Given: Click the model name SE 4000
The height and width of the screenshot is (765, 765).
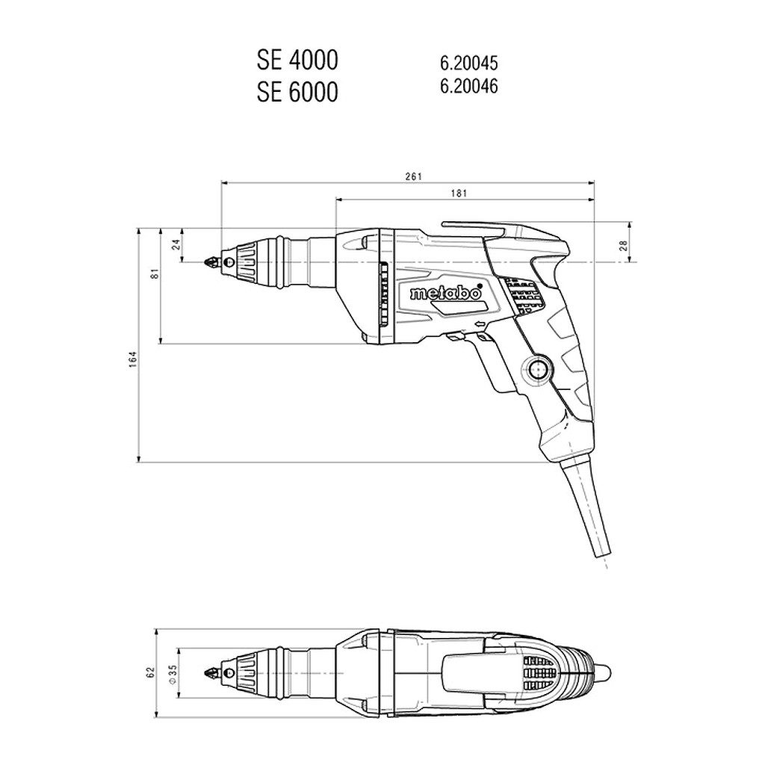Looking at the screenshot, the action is point(297,61).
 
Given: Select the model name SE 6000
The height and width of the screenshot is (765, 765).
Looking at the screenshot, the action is point(297,92).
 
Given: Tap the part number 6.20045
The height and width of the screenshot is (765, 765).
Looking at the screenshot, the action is point(469,63).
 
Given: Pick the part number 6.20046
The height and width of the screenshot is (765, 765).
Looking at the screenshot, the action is point(469,87).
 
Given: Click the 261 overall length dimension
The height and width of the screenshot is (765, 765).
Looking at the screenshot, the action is point(412,176).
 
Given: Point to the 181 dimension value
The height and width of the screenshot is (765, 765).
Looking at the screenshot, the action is point(459,193).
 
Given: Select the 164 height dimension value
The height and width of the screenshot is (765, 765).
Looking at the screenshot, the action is point(133,359).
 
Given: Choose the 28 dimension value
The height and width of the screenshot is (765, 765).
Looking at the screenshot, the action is point(623,245).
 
